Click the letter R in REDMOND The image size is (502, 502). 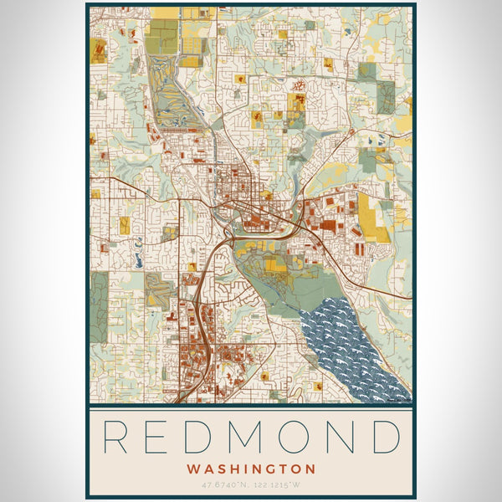click(117, 438)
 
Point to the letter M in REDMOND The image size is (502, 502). click(258, 438)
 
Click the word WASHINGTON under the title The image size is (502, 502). click(251, 469)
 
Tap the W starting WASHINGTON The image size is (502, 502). click(193, 469)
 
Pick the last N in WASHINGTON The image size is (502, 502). click(310, 469)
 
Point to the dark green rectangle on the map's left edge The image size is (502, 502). click(99, 306)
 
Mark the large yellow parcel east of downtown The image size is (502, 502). click(376, 218)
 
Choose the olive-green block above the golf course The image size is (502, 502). click(162, 36)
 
